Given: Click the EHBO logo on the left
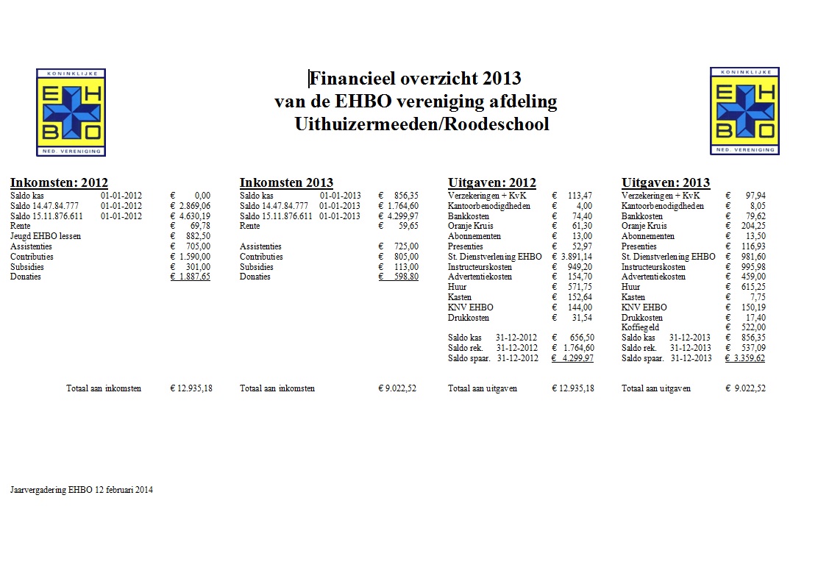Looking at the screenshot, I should pyautogui.click(x=71, y=112).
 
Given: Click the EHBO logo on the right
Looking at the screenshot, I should pyautogui.click(x=744, y=111).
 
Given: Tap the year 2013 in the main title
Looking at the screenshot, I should pyautogui.click(x=502, y=79).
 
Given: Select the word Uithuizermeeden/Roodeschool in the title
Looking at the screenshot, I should pyautogui.click(x=422, y=124).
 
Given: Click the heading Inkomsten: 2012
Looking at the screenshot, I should pyautogui.click(x=59, y=182).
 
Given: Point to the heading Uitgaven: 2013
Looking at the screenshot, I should pyautogui.click(x=665, y=182).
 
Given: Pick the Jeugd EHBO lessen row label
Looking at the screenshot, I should pyautogui.click(x=46, y=236).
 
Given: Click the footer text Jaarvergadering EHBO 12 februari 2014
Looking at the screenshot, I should pyautogui.click(x=82, y=490).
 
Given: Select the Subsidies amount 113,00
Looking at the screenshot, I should pyautogui.click(x=405, y=267).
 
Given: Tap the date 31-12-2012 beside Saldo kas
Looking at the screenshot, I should pyautogui.click(x=516, y=338).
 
